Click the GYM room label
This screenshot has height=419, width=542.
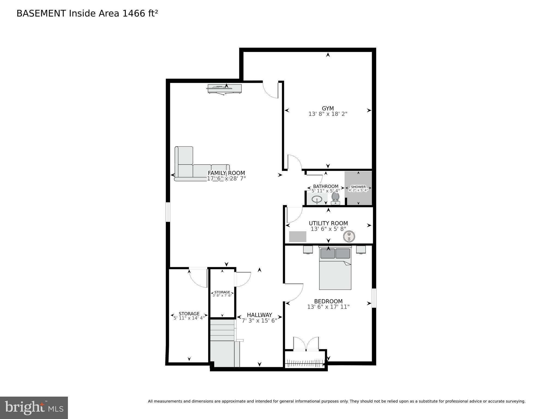click(328, 108)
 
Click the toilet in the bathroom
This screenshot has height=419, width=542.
click(335, 198)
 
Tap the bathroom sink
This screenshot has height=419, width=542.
click(317, 199)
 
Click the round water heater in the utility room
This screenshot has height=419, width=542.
click(349, 236)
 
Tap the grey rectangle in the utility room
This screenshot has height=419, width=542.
click(298, 237)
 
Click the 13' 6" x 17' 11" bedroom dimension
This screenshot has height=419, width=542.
click(328, 307)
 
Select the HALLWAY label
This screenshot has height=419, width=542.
click(259, 315)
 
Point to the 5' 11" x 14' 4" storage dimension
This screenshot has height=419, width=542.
click(189, 318)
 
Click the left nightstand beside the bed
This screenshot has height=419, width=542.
click(308, 249)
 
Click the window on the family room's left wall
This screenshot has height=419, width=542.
click(168, 212)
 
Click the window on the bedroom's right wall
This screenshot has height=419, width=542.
click(374, 298)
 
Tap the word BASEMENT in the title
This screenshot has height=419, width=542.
click(41, 13)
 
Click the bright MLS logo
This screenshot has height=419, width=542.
click(34, 408)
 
